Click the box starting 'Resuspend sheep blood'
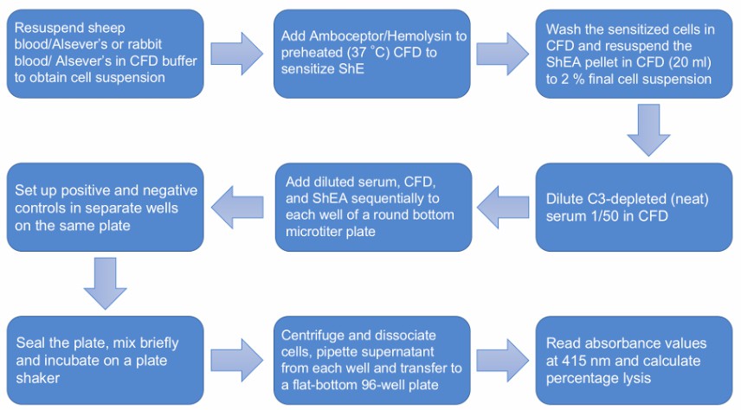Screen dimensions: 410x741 point(104,54)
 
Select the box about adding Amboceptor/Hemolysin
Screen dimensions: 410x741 point(371,54)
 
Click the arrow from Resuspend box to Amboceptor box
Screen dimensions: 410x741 point(238,54)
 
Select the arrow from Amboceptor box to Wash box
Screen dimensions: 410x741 point(505,54)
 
